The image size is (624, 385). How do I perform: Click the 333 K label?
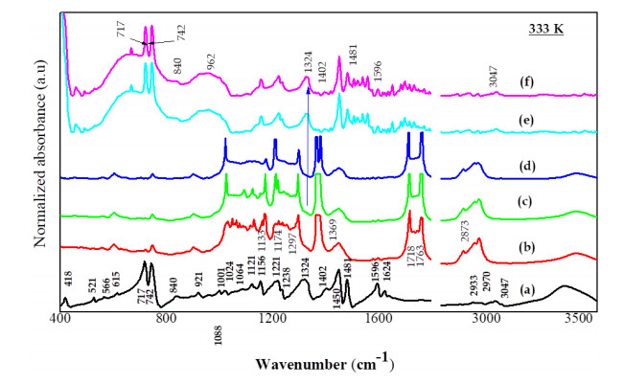point(546,30)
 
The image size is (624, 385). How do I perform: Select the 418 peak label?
point(67,280)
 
